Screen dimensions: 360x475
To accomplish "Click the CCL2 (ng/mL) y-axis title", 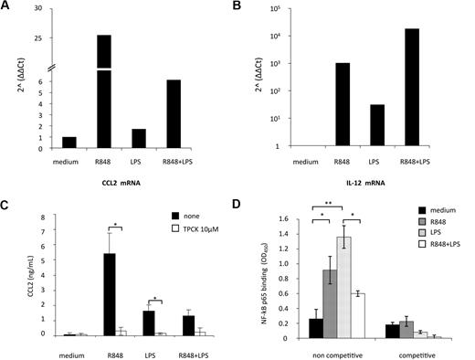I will (x=12, y=274).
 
